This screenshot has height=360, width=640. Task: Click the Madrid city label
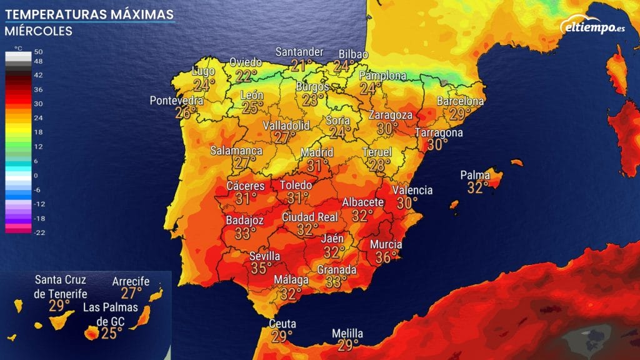tap(317, 152)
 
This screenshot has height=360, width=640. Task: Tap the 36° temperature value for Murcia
tap(386, 256)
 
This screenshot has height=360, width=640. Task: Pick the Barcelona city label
tap(461, 101)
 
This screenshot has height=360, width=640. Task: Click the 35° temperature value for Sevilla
tap(261, 268)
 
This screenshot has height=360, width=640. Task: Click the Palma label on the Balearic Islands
tap(474, 175)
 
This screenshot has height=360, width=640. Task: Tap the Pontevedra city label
tap(177, 101)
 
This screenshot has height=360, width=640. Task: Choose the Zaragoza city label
tap(390, 115)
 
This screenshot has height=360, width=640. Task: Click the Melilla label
tap(347, 334)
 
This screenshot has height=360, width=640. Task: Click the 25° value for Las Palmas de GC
tap(111, 332)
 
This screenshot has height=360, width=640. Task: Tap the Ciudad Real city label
tap(310, 217)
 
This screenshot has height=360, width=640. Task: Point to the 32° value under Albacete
tap(362, 215)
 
